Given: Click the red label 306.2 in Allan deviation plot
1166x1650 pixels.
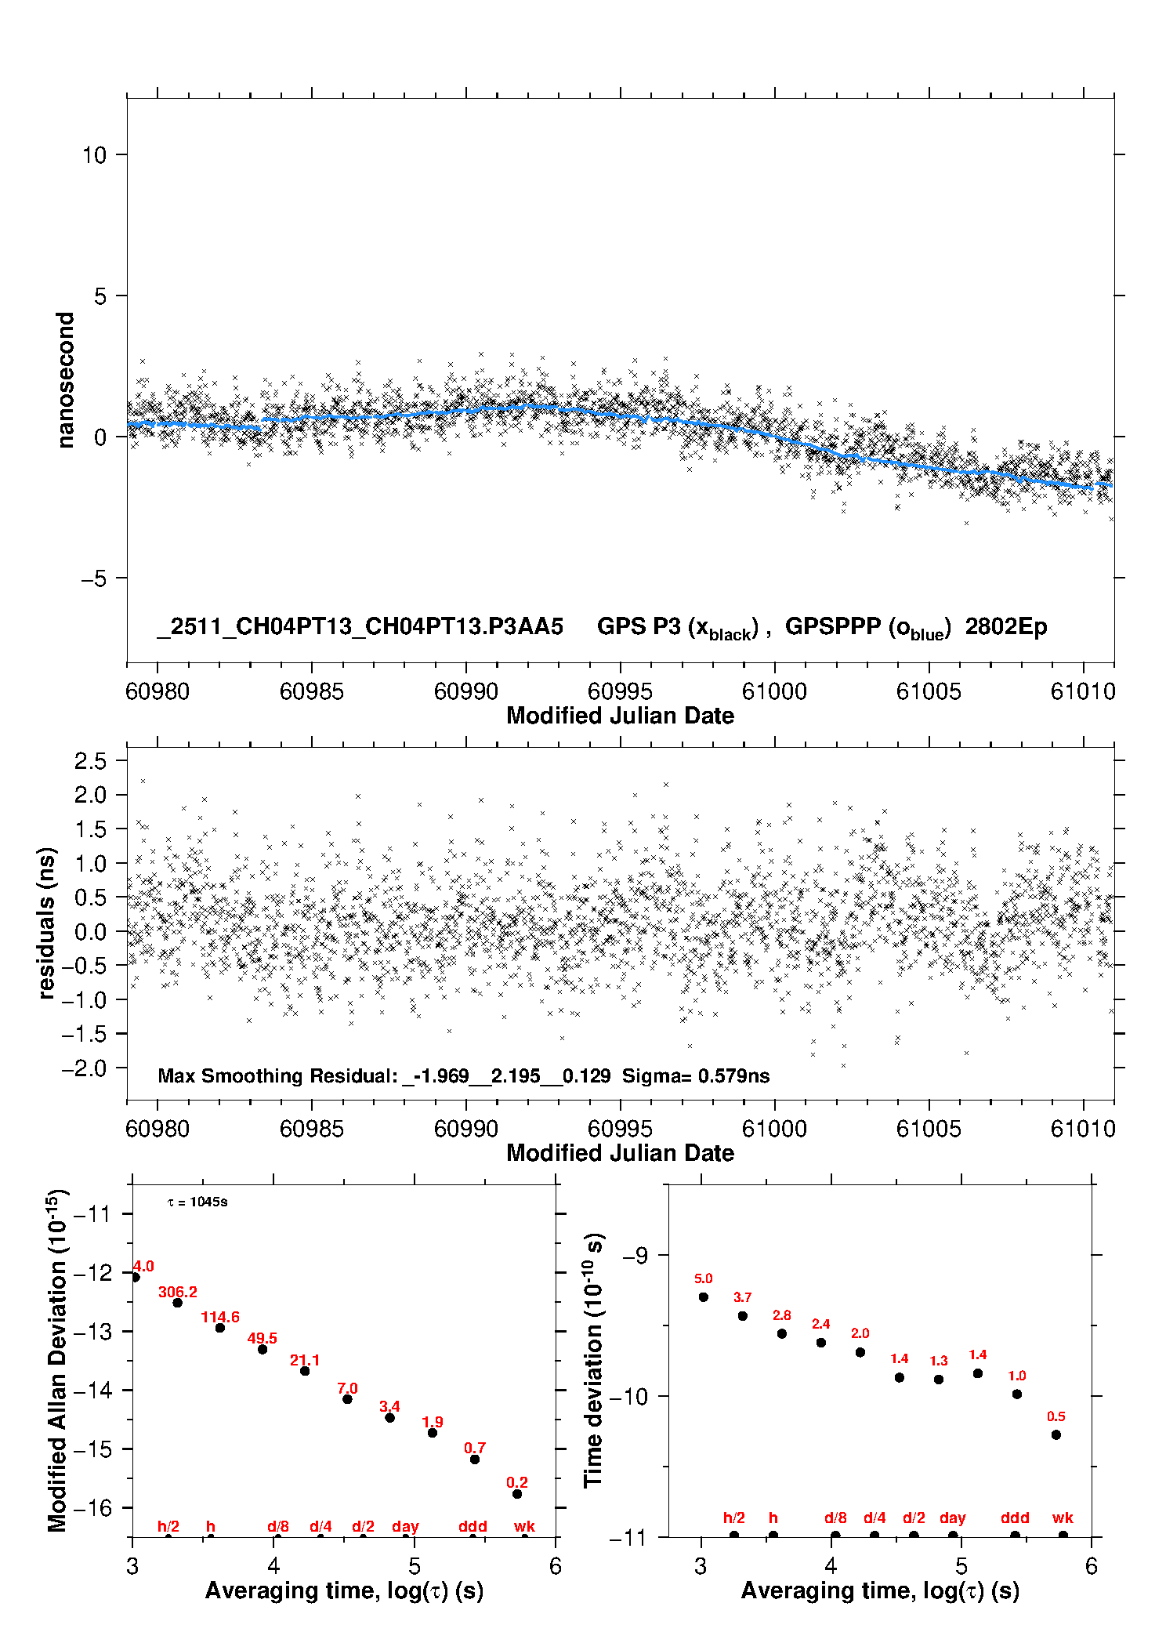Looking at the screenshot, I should click(x=178, y=1292).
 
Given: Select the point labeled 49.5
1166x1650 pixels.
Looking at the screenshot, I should click(x=263, y=1349).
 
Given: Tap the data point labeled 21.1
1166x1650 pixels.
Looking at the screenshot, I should click(x=305, y=1371).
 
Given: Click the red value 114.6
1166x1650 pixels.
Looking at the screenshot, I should click(x=220, y=1317).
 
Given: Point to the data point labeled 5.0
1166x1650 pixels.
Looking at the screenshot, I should click(x=704, y=1297).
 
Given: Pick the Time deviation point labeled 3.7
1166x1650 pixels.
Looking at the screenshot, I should click(x=743, y=1316).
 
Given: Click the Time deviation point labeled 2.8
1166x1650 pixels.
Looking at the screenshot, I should click(x=782, y=1333).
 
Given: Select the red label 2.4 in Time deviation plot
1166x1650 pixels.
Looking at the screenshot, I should click(x=821, y=1324).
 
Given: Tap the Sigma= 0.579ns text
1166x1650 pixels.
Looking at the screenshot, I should click(x=696, y=1076).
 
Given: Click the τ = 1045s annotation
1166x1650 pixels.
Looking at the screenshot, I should click(x=197, y=1202).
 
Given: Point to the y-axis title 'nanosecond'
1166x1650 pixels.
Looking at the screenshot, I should click(x=66, y=380).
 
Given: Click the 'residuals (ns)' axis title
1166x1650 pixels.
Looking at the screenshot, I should click(x=47, y=923).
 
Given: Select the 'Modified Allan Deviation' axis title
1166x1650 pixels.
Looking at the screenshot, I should click(x=57, y=1360).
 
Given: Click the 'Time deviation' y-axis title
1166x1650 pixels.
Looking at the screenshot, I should click(x=593, y=1360).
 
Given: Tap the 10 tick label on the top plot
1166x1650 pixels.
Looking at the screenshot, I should click(x=94, y=155).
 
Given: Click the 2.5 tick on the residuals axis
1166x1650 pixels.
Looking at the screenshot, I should click(x=90, y=761).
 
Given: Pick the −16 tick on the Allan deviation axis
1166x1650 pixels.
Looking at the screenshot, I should click(x=92, y=1508).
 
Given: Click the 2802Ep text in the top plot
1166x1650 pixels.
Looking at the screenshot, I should click(x=1005, y=627).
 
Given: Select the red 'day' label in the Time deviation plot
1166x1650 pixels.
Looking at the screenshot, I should click(x=953, y=1518).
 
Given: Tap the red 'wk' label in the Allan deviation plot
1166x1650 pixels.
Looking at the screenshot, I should click(x=524, y=1526).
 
